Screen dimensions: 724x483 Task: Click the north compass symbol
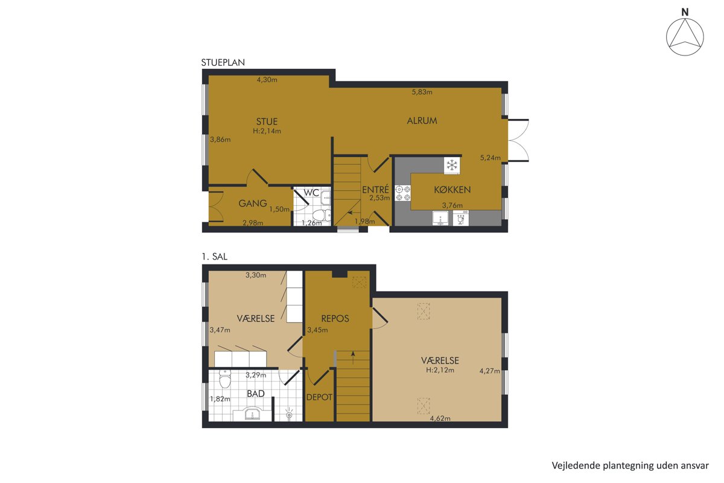pyautogui.click(x=685, y=37)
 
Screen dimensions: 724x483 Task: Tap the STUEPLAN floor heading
pyautogui.click(x=223, y=62)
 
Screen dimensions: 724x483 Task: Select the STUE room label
pyautogui.click(x=267, y=121)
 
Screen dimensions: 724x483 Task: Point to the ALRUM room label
pyautogui.click(x=422, y=121)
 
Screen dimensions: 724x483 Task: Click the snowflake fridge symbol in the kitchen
pyautogui.click(x=452, y=165)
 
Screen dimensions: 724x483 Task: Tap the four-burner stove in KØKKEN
pyautogui.click(x=403, y=193)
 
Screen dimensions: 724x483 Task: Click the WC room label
pyautogui.click(x=311, y=193)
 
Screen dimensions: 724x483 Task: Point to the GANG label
pyautogui.click(x=252, y=203)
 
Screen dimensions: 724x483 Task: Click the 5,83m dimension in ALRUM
pyautogui.click(x=422, y=92)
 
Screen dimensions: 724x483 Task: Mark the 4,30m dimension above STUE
pyautogui.click(x=267, y=80)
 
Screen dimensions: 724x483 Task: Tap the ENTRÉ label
pyautogui.click(x=375, y=189)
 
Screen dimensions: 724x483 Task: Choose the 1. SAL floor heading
pyautogui.click(x=214, y=257)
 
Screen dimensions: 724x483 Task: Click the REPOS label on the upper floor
pyautogui.click(x=335, y=319)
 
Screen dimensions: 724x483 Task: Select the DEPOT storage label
pyautogui.click(x=319, y=397)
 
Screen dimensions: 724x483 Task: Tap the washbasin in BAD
pyautogui.click(x=252, y=414)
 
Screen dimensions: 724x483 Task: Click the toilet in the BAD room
pyautogui.click(x=224, y=379)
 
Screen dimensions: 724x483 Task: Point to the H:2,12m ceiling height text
pyautogui.click(x=440, y=370)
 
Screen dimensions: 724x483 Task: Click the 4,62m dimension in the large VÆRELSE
pyautogui.click(x=440, y=418)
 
